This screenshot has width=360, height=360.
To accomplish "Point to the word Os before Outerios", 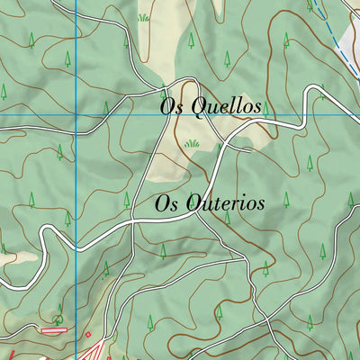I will click(x=166, y=203).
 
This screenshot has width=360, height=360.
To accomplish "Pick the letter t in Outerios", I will click(x=215, y=203).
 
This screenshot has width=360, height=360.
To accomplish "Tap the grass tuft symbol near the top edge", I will click(x=142, y=16).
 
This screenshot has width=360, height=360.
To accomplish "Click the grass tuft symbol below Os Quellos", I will click(x=192, y=143).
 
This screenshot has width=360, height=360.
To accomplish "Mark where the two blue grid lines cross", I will click(x=76, y=115).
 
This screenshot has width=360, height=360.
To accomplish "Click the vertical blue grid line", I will click(x=76, y=225).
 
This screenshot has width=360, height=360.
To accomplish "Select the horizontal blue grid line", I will click(x=297, y=115).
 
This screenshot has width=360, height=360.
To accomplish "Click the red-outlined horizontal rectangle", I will click(x=54, y=329).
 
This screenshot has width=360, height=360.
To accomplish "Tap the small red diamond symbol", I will click(x=88, y=337).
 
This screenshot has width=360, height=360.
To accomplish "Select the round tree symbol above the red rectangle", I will click(x=58, y=317).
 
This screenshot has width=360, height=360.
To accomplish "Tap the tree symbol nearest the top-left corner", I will click(x=31, y=39).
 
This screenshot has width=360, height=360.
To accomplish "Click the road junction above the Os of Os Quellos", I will click(x=162, y=89).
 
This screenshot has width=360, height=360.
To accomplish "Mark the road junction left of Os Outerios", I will click(x=133, y=221).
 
